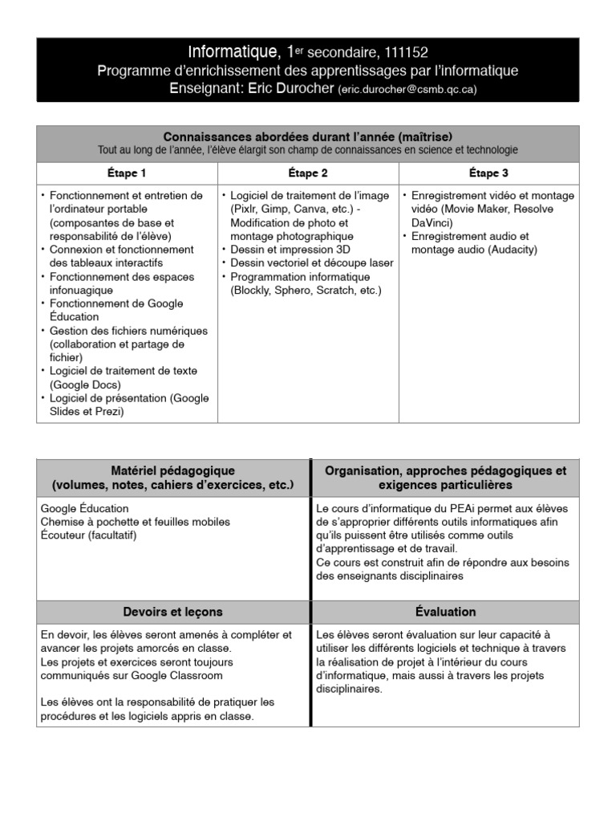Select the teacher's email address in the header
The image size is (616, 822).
click(x=407, y=90)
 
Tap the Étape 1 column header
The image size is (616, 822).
click(x=127, y=173)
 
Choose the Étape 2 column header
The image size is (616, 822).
click(x=308, y=173)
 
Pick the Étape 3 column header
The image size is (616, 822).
click(x=488, y=173)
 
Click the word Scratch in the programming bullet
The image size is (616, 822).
click(x=332, y=290)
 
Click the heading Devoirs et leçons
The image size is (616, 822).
click(x=173, y=612)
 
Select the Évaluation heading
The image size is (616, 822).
click(x=446, y=612)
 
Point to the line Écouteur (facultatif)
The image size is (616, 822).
click(x=88, y=535)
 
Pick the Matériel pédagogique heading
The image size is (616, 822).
click(x=173, y=470)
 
